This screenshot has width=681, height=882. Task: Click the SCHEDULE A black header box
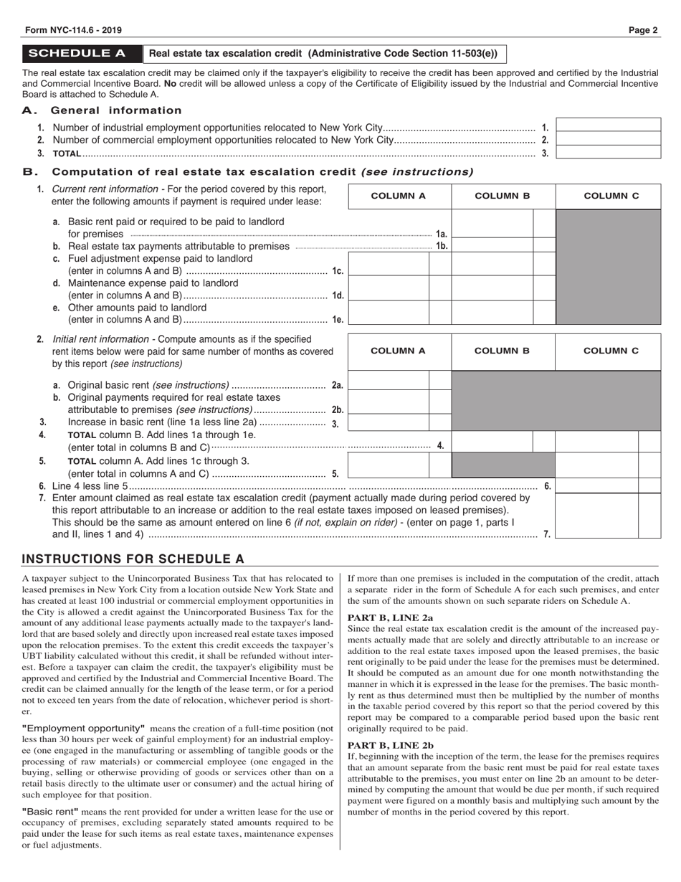(x=82, y=54)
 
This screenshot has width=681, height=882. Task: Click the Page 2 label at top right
(x=643, y=30)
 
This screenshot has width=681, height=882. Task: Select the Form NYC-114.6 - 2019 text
(x=72, y=30)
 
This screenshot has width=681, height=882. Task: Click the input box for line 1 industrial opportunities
(x=608, y=125)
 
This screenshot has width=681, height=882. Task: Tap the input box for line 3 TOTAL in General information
(x=608, y=152)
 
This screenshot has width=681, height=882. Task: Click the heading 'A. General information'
(x=102, y=110)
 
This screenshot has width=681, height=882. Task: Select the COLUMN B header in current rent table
(x=503, y=196)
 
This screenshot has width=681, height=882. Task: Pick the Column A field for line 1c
(x=388, y=264)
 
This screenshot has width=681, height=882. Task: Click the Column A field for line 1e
(x=388, y=313)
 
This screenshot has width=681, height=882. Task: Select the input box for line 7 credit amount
(x=608, y=516)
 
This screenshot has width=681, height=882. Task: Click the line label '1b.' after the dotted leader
(x=442, y=246)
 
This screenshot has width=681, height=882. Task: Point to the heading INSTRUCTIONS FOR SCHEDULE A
(x=133, y=559)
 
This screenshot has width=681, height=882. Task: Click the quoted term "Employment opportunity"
(x=83, y=728)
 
